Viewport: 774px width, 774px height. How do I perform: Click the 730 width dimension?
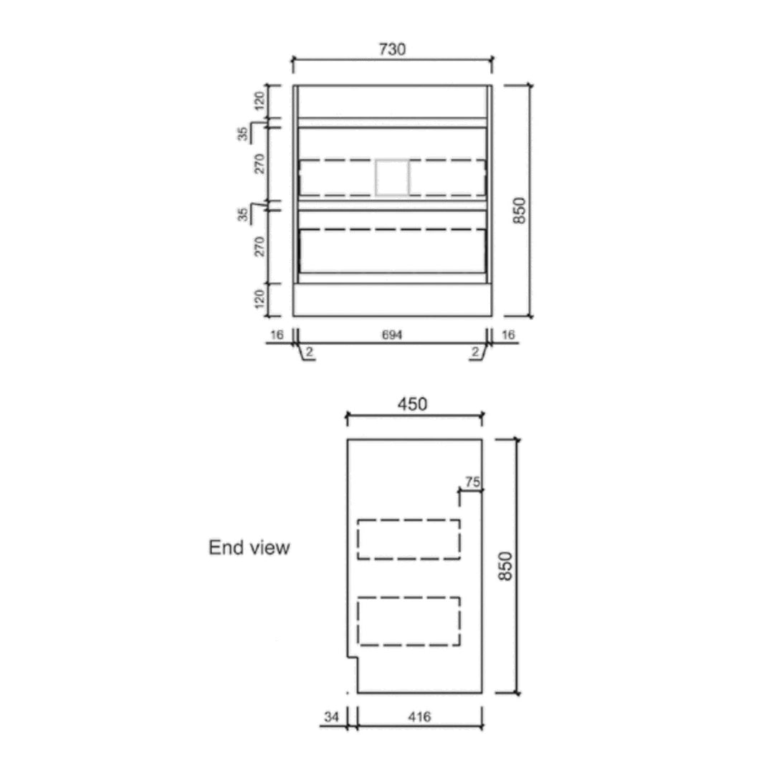tap(393, 49)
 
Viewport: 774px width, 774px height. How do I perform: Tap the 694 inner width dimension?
tap(392, 335)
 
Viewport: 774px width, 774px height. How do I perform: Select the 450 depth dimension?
tap(412, 404)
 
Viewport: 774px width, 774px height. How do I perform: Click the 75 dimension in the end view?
tap(472, 482)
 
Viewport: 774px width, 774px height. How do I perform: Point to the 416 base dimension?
tap(419, 716)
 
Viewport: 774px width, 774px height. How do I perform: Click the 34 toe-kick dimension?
tap(331, 716)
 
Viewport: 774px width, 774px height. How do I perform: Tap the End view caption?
tap(249, 548)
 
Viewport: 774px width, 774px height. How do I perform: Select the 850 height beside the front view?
tap(520, 210)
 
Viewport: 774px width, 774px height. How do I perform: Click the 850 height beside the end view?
tap(505, 566)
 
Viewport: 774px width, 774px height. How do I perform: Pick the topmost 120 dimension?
tap(259, 101)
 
